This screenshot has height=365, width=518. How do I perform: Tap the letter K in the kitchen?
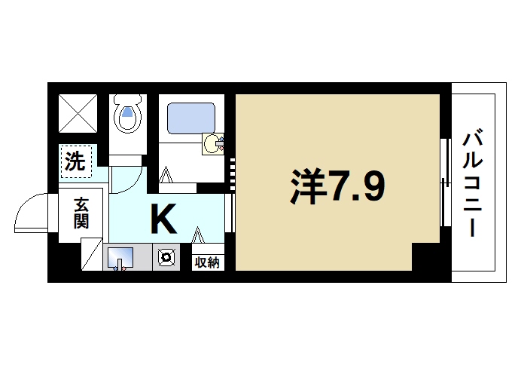[163, 219]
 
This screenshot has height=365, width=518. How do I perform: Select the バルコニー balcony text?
[473, 184]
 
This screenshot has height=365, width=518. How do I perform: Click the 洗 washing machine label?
[75, 161]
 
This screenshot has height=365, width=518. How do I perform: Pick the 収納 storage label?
[207, 262]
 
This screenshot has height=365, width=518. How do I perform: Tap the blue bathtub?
[192, 118]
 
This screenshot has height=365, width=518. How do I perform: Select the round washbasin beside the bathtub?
[213, 143]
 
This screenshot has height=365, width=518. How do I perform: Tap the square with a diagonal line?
[90, 253]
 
